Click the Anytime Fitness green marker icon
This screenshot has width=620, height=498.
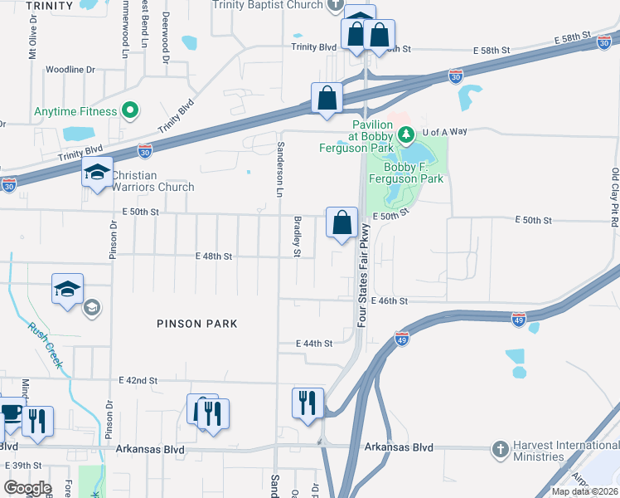click(130, 110)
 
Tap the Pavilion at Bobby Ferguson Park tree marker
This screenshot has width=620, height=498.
click(406, 133)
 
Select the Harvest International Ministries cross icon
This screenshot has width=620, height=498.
click(500, 449)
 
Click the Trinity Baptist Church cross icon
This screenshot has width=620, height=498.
click(335, 5)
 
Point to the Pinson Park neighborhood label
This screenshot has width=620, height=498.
click(197, 324)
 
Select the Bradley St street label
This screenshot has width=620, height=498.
click(297, 236)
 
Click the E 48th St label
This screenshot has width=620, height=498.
click(214, 256)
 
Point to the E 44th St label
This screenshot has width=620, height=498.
click(314, 343)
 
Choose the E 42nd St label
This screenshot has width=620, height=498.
click(138, 380)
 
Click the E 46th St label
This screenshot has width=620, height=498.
click(390, 300)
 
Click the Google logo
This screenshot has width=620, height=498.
click(27, 487)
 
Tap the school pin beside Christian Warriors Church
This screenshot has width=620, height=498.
click(97, 173)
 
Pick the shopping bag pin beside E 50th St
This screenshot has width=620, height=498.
click(341, 223)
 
